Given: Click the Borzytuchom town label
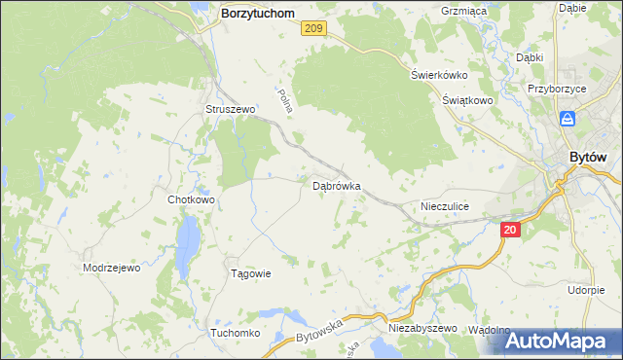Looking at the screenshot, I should [x=258, y=14].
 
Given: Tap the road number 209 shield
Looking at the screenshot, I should [x=312, y=30].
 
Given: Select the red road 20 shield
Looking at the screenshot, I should [x=512, y=231].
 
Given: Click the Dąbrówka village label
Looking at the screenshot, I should [x=337, y=185].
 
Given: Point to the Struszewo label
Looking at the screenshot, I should [x=230, y=110].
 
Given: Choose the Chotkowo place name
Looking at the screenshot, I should [x=191, y=199].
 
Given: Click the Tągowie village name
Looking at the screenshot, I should [x=249, y=273].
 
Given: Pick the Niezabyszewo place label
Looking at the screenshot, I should [x=422, y=329].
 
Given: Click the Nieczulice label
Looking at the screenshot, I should [x=445, y=206].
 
